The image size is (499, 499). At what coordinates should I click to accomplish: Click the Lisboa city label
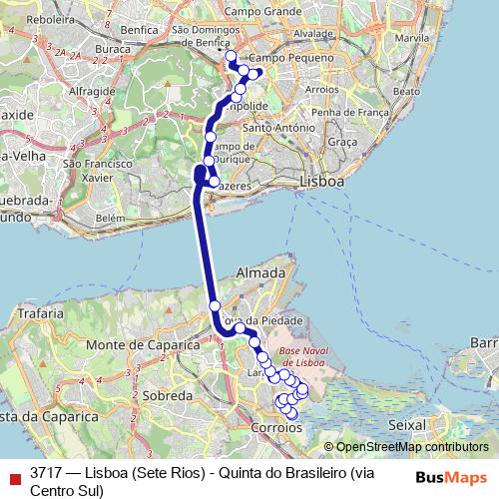[x=321, y=183]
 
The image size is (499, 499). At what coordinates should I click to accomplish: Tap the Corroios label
[x=278, y=426]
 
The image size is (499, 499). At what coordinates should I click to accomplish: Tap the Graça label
[x=341, y=143]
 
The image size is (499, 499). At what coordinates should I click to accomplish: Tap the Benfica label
[x=139, y=30]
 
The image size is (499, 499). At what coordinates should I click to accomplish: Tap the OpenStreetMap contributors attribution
[x=412, y=447]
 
